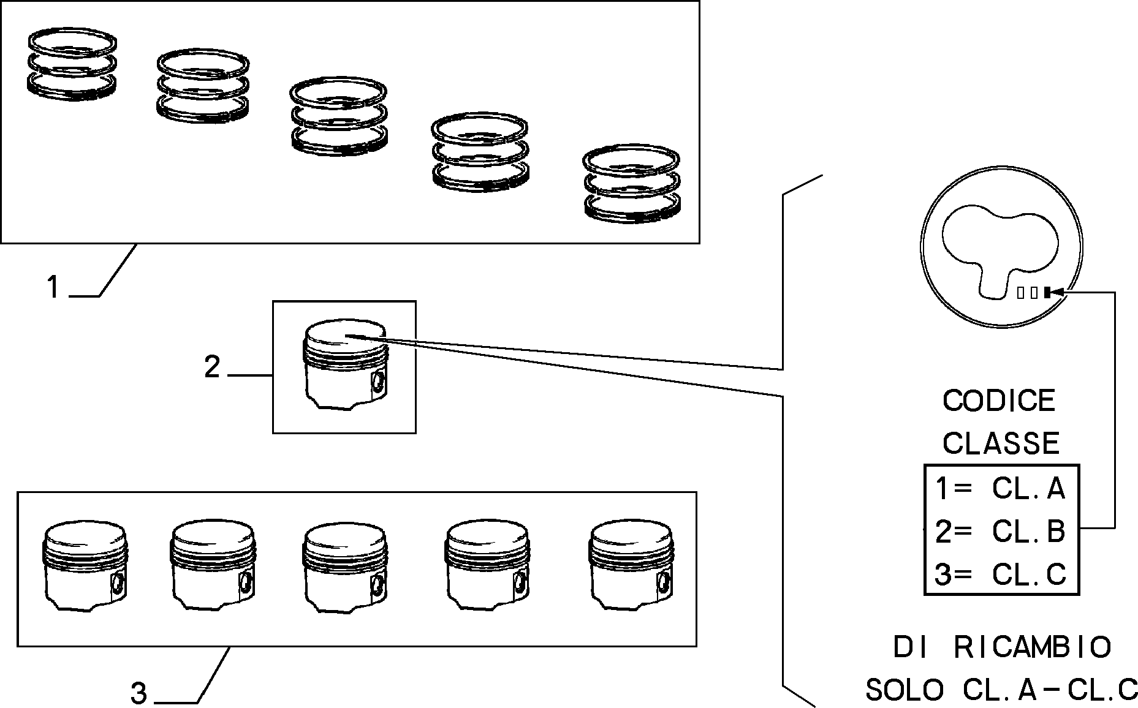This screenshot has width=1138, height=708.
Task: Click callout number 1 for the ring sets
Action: pos(54,287)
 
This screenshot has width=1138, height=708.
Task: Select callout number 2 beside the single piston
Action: pos(212,367)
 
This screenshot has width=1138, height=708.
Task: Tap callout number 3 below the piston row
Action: pos(139,694)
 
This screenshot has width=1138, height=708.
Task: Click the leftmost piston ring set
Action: pos(73,64)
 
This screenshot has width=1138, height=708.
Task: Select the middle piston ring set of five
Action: pos(338,116)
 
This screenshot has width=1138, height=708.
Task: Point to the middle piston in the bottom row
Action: pos(345,567)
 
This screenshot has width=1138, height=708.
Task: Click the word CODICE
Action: pos(999,401)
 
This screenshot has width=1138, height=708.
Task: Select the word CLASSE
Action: pos(1001,442)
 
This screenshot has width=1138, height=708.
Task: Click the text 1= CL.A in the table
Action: pos(1000,489)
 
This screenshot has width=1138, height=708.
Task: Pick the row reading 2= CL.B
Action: pos(1000,531)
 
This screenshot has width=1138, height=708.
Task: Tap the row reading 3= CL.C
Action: pos(1000,574)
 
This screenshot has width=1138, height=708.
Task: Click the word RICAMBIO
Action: pos(1033,647)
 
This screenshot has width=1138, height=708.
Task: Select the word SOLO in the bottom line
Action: pos(905,690)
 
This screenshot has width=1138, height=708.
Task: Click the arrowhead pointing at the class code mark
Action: pos(1058,293)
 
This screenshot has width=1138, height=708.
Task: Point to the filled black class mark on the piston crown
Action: pos(1047,293)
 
